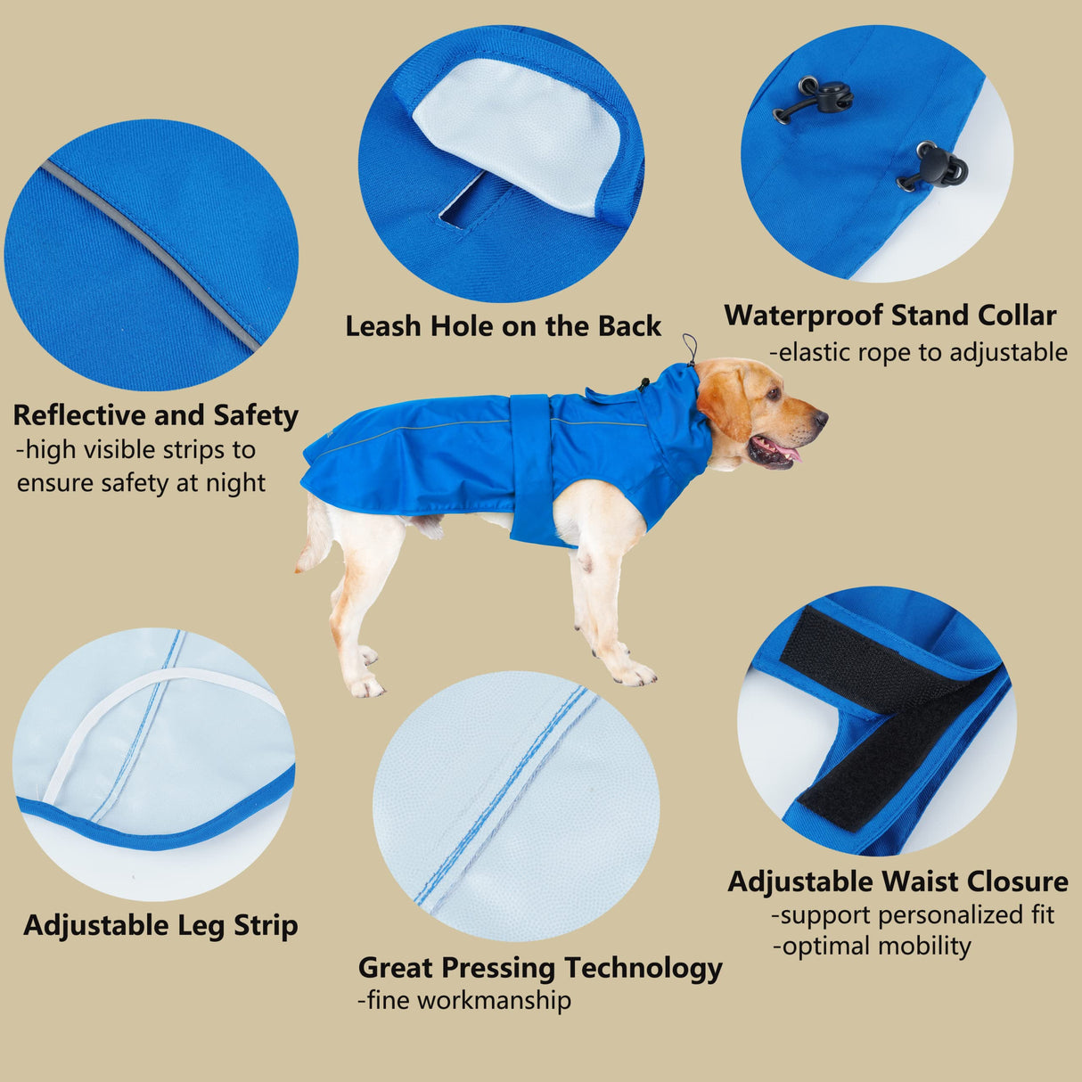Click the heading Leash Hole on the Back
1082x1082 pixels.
pos(503,326)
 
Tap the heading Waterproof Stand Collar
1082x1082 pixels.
pos(889,316)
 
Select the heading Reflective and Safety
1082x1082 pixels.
pos(155,415)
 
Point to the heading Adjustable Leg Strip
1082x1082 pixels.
pos(160,925)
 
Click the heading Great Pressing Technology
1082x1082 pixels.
pos(540,967)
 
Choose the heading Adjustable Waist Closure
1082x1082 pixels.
pos(898,881)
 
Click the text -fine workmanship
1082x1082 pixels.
pos(464,1000)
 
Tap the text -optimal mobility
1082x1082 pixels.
pos(872,946)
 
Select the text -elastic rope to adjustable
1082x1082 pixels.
pos(918,353)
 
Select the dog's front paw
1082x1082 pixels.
pos(635,674)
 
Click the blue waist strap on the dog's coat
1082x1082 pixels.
pos(530,468)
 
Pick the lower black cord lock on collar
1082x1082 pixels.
pos(936,168)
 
